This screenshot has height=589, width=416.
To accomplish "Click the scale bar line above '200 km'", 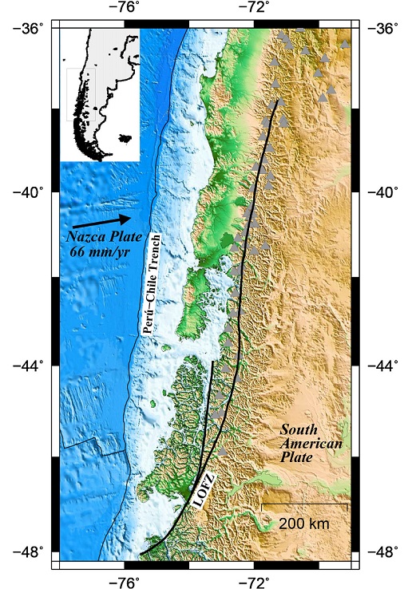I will pyautogui.click(x=304, y=504).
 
